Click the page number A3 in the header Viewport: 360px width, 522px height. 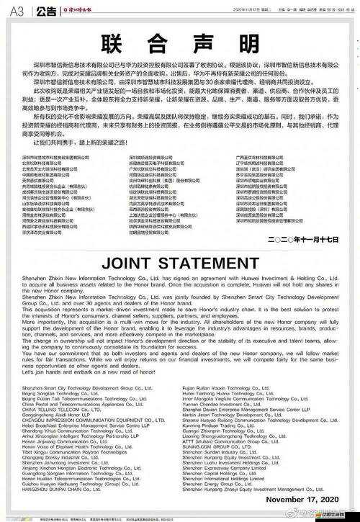(17, 10)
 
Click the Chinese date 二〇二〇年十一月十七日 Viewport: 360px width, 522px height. (302, 238)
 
